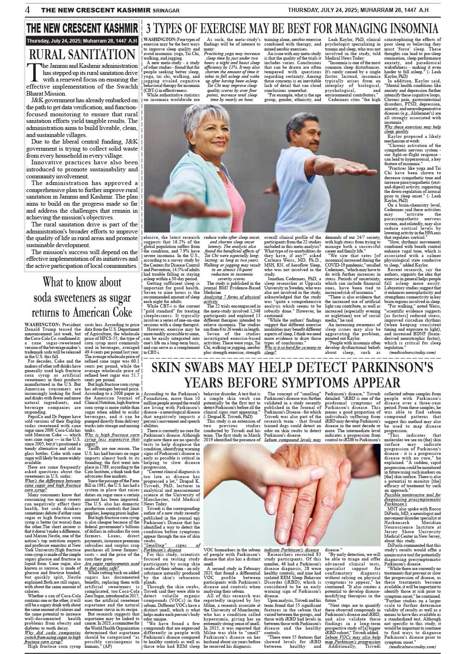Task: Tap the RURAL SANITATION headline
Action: coord(82,54)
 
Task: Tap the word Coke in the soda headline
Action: coord(121,312)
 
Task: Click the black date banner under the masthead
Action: coord(82,41)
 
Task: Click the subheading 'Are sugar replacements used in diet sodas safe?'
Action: coord(112,566)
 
